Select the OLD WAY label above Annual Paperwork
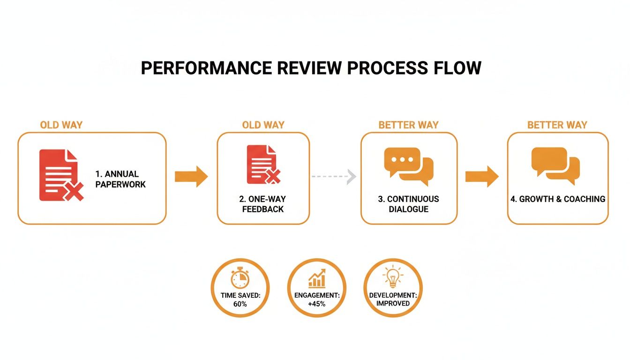[61, 125]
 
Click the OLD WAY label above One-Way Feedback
[263, 125]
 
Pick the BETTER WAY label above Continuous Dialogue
[409, 125]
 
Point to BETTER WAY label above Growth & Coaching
[557, 125]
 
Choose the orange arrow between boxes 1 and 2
[191, 176]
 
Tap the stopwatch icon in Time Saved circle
[240, 279]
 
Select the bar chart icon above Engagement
[317, 278]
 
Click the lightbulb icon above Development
[393, 277]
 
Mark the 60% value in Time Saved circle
[240, 304]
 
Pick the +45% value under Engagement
[316, 304]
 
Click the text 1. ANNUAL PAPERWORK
[120, 179]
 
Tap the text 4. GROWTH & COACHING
[558, 199]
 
